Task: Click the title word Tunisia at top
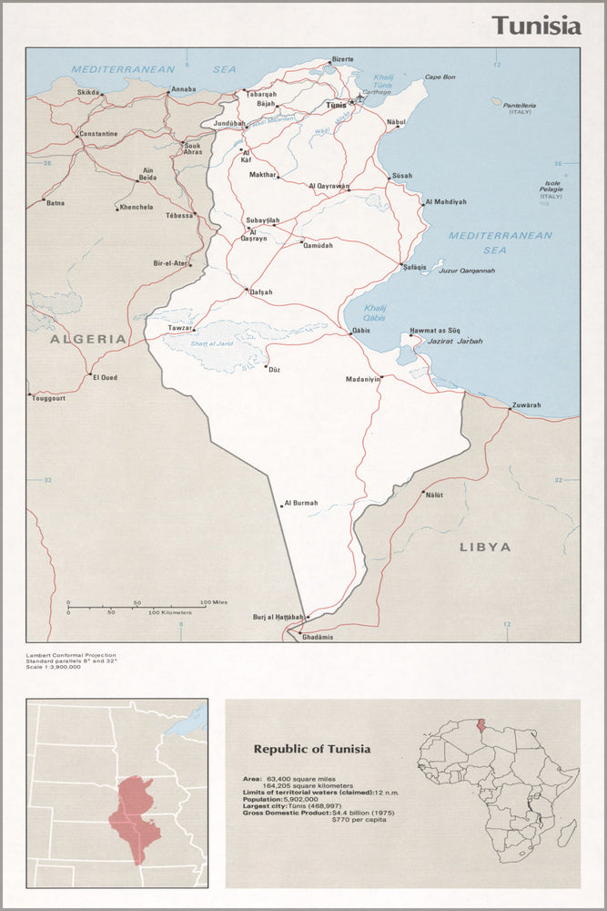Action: (x=536, y=26)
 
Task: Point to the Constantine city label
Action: (x=98, y=134)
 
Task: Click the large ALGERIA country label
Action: (x=88, y=339)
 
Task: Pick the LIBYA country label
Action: (x=485, y=548)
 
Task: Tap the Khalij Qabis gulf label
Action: (x=378, y=314)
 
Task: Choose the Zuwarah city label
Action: (x=527, y=404)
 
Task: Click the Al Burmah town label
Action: (x=301, y=503)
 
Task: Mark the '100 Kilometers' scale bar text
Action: (x=170, y=613)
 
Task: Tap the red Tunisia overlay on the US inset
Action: (x=134, y=808)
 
